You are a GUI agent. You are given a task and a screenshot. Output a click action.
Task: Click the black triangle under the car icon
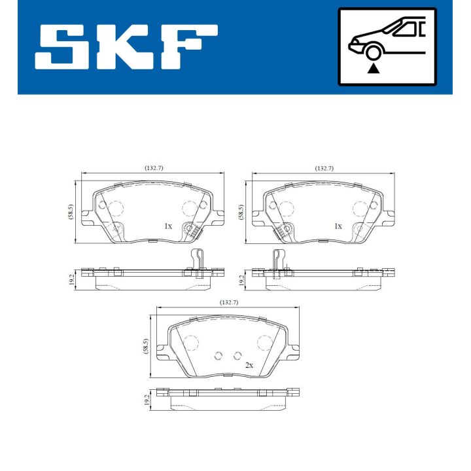pos(374,67)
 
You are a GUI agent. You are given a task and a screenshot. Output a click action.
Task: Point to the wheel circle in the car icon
pos(374,52)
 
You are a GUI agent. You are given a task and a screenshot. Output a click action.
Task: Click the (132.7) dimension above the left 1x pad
pos(153,168)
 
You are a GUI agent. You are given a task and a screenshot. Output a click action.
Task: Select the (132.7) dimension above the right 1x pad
pos(324,168)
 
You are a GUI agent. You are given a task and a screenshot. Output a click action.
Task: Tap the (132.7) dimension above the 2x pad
pos(227,303)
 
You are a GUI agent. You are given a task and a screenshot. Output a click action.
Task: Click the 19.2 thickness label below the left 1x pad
pos(70,281)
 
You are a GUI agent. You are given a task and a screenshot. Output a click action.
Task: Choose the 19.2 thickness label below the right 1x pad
pos(241,281)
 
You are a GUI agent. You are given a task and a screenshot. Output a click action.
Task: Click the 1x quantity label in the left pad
pos(167,226)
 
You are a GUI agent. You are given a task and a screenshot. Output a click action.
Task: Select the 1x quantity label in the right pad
pos(338,226)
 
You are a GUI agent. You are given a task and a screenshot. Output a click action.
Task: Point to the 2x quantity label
pos(249,365)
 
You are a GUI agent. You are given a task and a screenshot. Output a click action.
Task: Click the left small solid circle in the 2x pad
pos(219,356)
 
